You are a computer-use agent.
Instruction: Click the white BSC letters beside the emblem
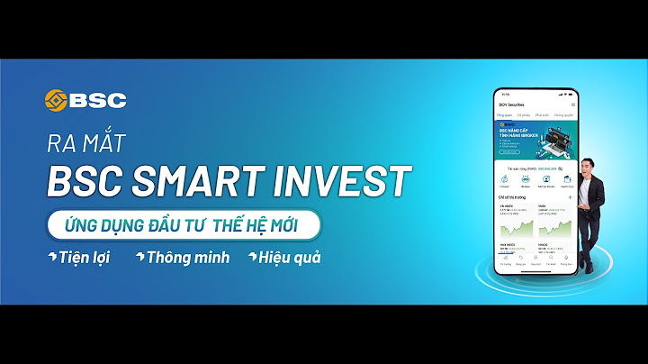coord(99,99)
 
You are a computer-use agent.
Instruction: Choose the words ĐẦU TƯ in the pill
coord(190,223)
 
